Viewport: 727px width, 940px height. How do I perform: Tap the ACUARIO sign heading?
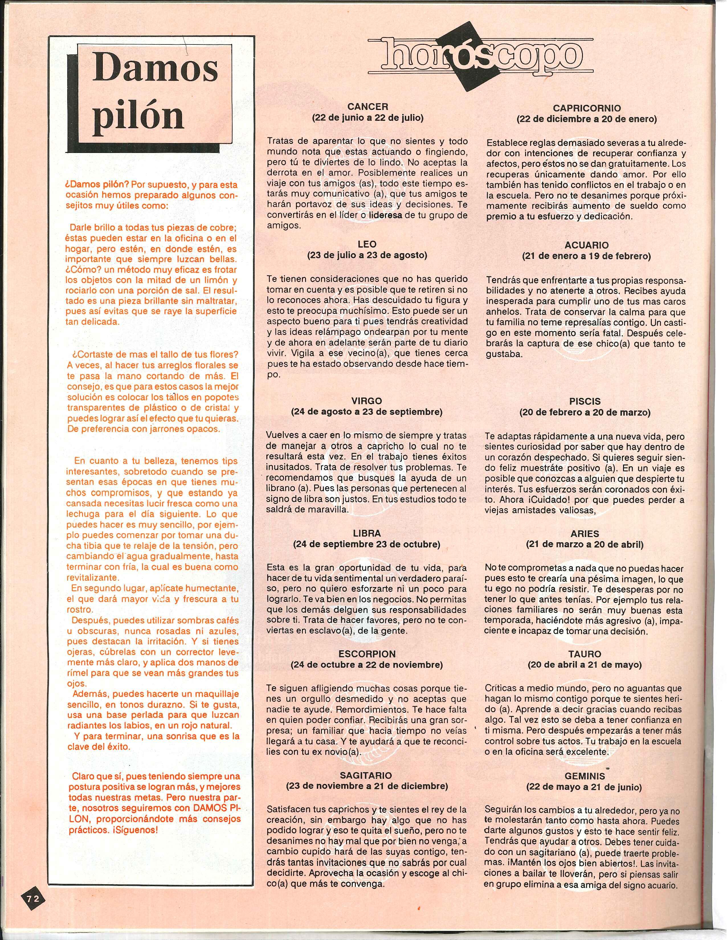point(586,245)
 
